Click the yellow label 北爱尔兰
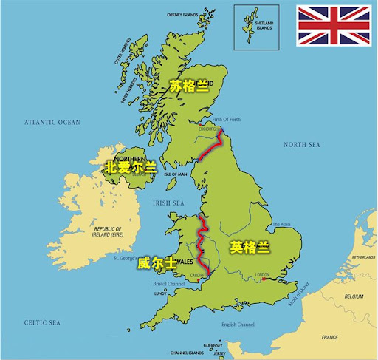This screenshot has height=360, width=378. coord(130,167)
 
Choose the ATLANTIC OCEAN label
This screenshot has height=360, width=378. coord(51,122)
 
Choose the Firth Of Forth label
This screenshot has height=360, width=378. coord(226,119)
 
